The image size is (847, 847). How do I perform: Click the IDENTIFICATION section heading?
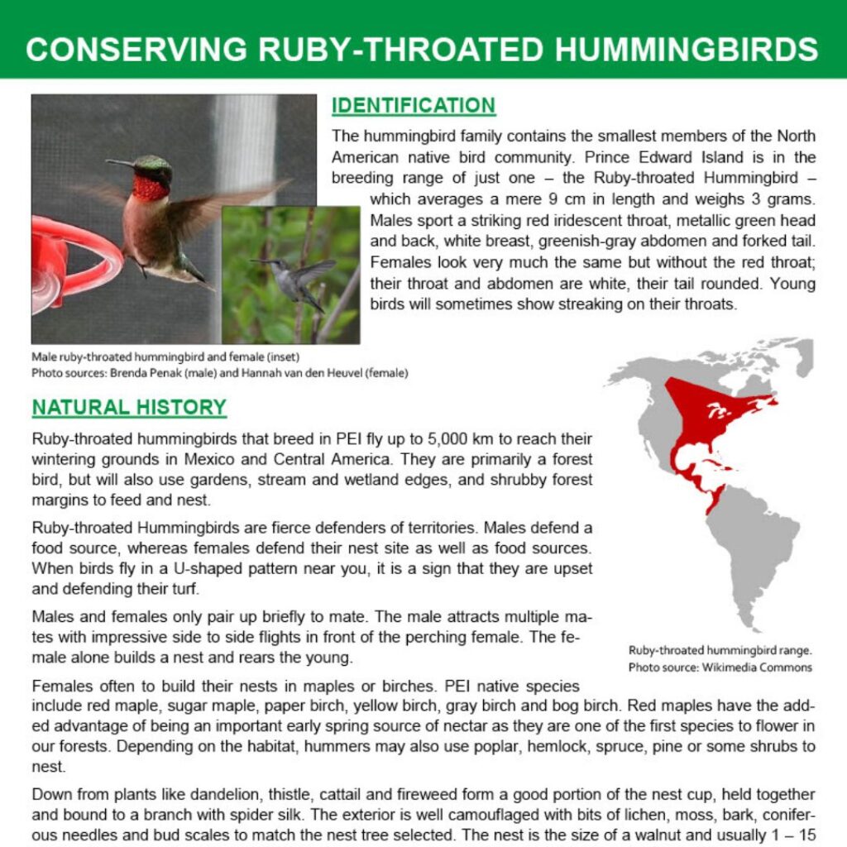pos(413,106)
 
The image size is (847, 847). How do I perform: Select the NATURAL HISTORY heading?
pos(129,408)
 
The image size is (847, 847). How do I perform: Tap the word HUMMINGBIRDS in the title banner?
pos(687,49)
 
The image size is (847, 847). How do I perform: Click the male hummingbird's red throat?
pos(150,187)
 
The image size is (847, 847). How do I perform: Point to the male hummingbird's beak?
pos(119,162)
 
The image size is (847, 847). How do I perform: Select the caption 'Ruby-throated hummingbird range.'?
pos(720,650)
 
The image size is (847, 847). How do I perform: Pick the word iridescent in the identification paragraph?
pos(584,222)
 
